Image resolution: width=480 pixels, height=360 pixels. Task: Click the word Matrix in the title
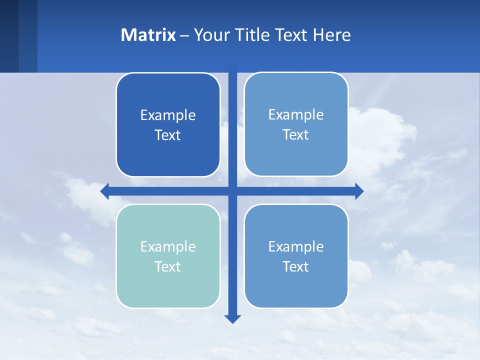coord(148,35)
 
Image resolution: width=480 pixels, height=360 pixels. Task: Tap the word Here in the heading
coord(332,35)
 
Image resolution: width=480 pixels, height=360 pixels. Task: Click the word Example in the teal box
coord(168,246)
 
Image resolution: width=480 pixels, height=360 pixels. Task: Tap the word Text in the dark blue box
coord(168,135)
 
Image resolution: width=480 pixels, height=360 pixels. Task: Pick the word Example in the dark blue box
coord(168,115)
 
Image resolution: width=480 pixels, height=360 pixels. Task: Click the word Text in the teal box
coord(168,266)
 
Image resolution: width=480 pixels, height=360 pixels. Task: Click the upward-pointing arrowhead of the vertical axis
coord(232,65)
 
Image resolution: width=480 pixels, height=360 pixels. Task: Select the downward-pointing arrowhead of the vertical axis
coord(232,319)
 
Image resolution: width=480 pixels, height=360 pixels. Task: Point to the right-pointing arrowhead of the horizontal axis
coord(359,191)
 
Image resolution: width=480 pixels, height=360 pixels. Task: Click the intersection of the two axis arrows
coord(232,191)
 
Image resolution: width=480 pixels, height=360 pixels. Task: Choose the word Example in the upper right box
coord(296,114)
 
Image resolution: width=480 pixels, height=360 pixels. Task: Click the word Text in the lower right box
coord(296,266)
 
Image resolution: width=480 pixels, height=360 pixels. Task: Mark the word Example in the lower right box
coord(296,246)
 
